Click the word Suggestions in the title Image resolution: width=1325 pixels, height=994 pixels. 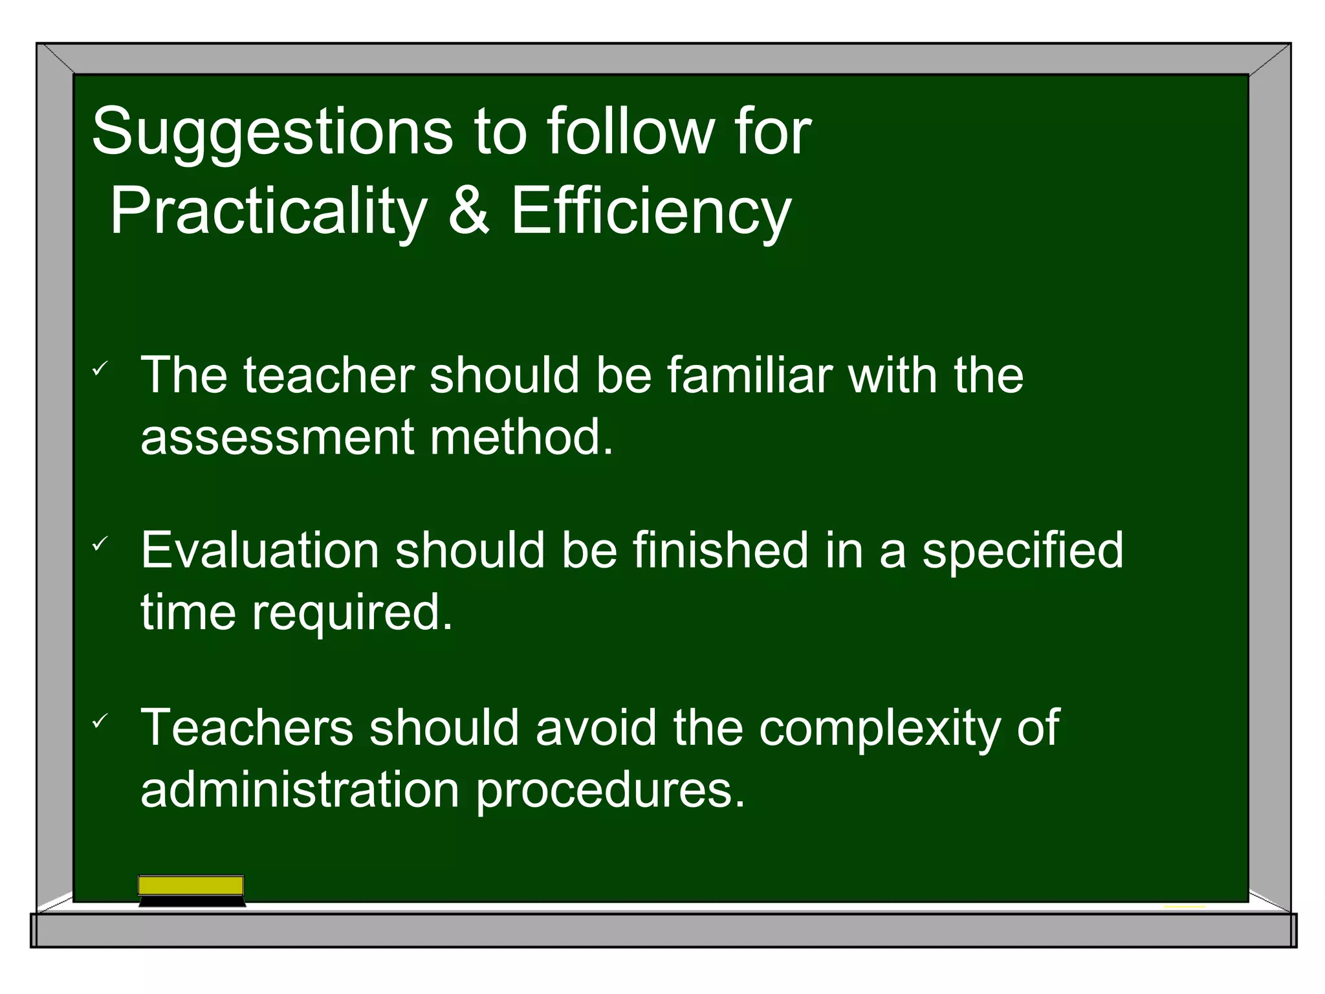[x=272, y=133]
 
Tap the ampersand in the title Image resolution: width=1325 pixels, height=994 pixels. [x=468, y=210]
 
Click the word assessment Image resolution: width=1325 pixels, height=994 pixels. [x=277, y=437]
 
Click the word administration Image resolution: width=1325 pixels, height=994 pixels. [x=300, y=790]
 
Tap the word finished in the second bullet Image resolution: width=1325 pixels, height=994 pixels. [x=720, y=551]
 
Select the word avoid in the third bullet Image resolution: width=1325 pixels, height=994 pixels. [x=597, y=727]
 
